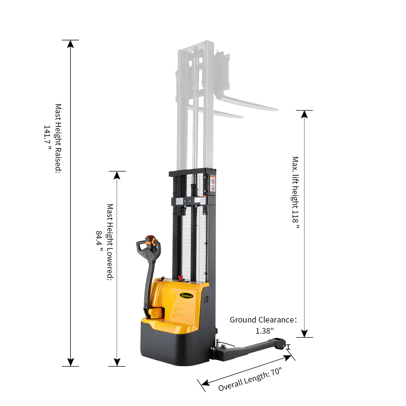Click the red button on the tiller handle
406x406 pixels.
coord(150,238)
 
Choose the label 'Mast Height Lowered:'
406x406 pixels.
coord(110,242)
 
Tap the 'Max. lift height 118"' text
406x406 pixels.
coord(295,193)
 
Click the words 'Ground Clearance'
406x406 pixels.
coord(262,320)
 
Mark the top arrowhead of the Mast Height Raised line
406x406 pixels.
coord(70,44)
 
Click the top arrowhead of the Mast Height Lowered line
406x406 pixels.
coord(117,175)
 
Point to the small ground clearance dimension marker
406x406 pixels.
coord(289,347)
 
